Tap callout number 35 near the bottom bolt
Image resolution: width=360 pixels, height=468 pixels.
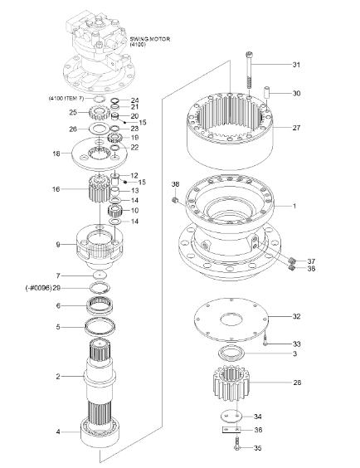[257, 448]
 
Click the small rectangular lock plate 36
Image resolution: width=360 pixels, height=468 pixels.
[232, 430]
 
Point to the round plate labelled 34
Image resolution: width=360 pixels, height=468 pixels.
[232, 416]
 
